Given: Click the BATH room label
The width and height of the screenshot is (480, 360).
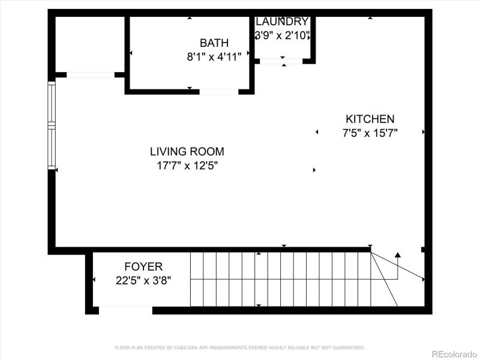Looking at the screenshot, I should click(x=214, y=43).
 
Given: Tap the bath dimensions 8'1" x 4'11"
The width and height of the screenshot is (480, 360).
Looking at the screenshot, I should click(x=214, y=58).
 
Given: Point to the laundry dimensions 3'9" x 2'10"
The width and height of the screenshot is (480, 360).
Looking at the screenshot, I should click(x=282, y=36).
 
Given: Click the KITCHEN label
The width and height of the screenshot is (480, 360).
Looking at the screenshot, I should click(x=370, y=119).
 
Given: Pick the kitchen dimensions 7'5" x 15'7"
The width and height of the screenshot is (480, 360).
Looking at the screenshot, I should click(x=370, y=133).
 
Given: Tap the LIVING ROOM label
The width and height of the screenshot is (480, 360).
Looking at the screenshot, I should click(x=187, y=152).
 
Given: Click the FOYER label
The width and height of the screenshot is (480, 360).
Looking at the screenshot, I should click(x=143, y=266).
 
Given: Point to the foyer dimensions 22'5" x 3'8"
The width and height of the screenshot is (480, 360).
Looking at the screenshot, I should click(x=143, y=280).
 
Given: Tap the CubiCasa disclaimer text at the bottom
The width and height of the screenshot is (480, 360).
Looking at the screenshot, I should click(x=239, y=347).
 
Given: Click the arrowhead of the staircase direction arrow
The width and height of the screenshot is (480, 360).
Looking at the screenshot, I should click(x=397, y=255).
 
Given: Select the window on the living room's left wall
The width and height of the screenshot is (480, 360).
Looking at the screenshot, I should click(x=52, y=124).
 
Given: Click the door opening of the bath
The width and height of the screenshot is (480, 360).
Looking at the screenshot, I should click(x=219, y=92).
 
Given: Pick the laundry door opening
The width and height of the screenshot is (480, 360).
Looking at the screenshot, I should click(x=281, y=61).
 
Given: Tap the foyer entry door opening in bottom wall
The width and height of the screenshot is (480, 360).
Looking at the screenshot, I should click(x=125, y=310).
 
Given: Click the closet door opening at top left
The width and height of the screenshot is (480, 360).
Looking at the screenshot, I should click(x=90, y=75).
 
